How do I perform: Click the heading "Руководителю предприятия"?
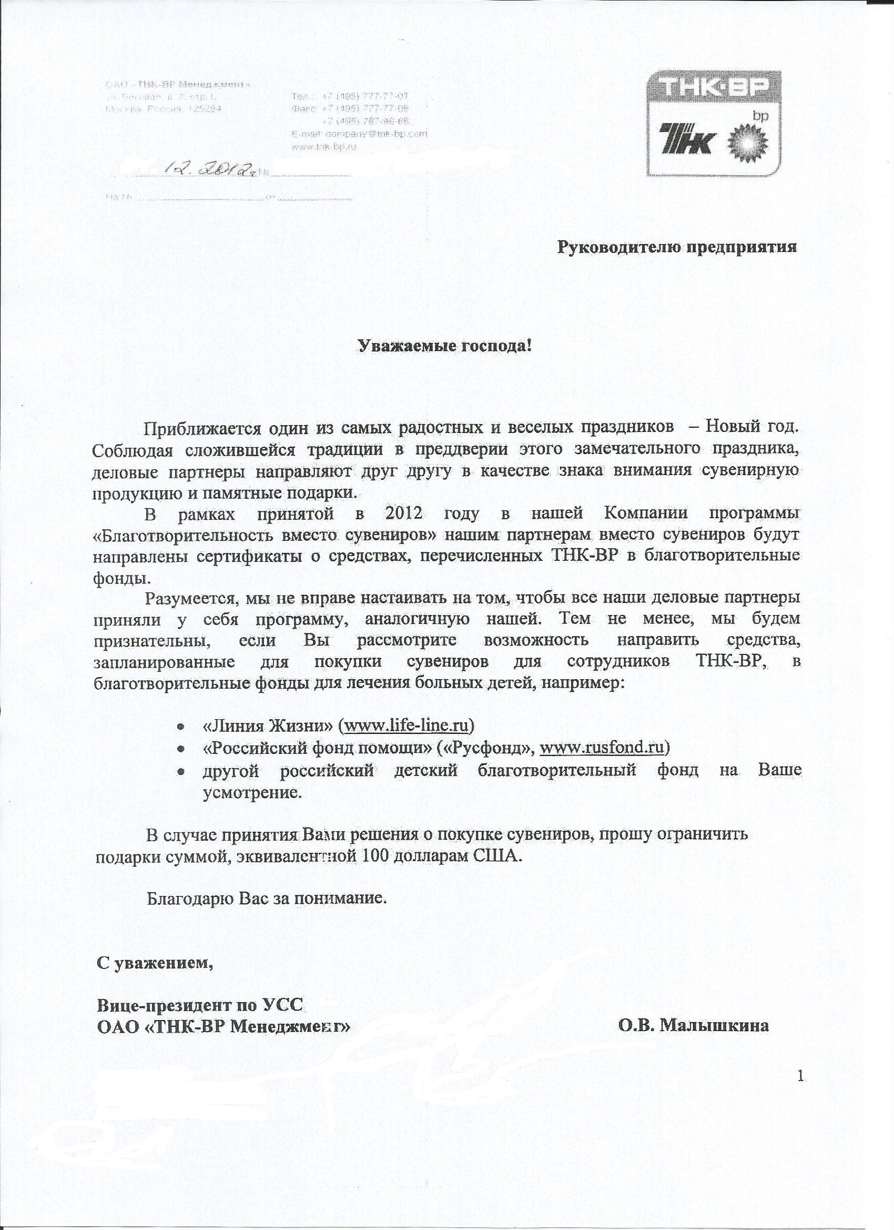(x=678, y=248)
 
